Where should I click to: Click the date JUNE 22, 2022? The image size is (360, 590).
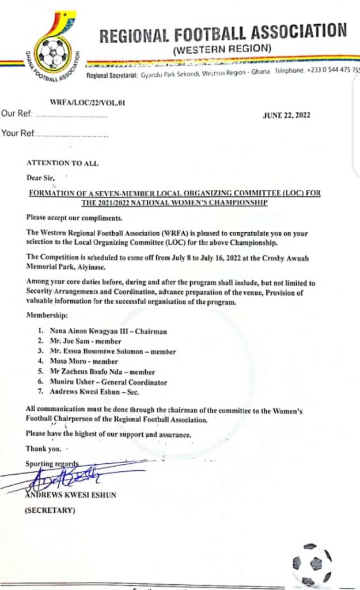click(x=286, y=115)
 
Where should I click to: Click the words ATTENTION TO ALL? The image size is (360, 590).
click(x=62, y=164)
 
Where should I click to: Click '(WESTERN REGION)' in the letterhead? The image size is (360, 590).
click(x=222, y=49)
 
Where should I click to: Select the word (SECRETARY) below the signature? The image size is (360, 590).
click(x=50, y=510)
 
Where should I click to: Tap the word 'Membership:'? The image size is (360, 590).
click(x=47, y=317)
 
